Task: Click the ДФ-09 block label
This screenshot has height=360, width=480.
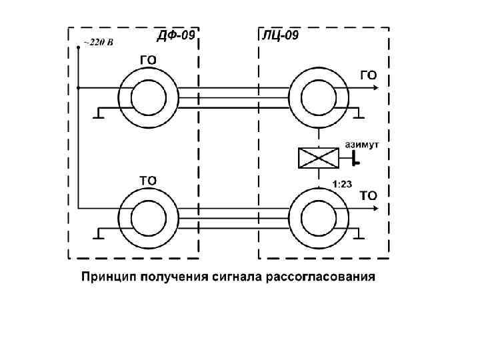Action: pyautogui.click(x=175, y=35)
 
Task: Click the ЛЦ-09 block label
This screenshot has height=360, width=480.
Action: pyautogui.click(x=278, y=35)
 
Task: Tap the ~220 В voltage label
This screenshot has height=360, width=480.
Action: pyautogui.click(x=98, y=43)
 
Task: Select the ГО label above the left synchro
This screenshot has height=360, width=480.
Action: pyautogui.click(x=148, y=60)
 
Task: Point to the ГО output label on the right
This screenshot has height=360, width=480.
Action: pyautogui.click(x=369, y=75)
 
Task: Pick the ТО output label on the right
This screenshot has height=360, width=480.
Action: pyautogui.click(x=369, y=195)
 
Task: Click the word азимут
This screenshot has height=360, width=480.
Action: pyautogui.click(x=362, y=143)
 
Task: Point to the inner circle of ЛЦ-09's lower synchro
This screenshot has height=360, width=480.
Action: pyautogui.click(x=319, y=218)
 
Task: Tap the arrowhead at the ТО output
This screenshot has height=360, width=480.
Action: pyautogui.click(x=377, y=208)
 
